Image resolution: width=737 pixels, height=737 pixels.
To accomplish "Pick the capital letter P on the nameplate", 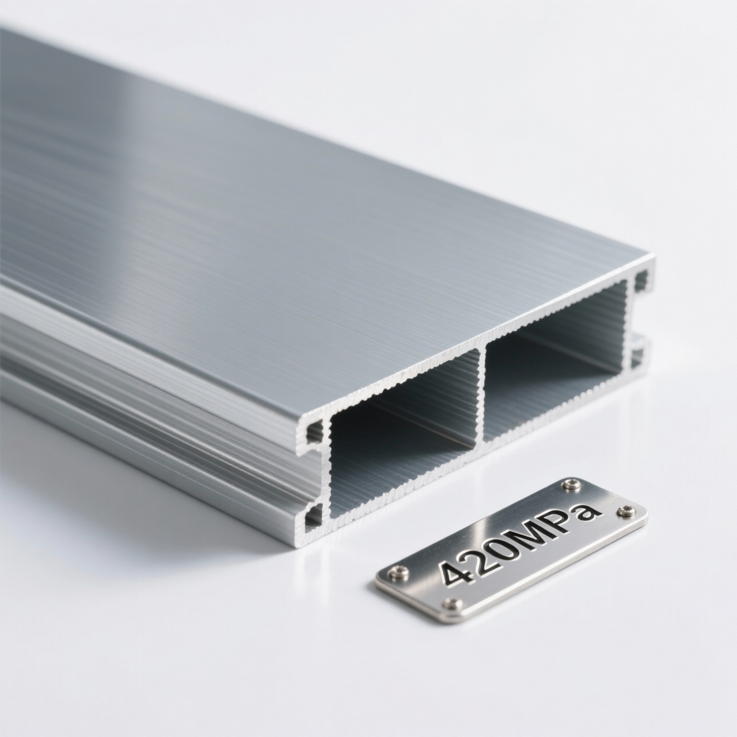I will point(567,518).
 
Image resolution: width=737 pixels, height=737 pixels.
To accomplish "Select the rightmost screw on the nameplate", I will point(626,510).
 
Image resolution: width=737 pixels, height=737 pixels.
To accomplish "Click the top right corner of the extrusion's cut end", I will point(654,256).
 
